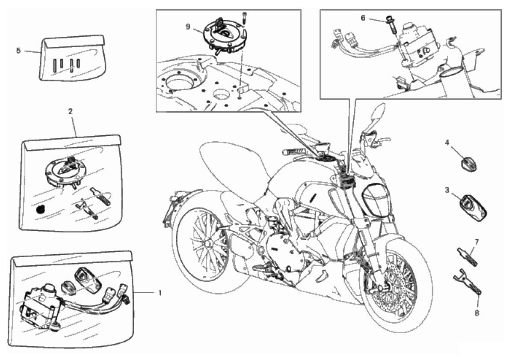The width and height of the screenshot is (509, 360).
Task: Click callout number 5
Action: click(18, 51)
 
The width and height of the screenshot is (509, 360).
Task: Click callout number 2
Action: click(70, 111)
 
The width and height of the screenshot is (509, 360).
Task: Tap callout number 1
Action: click(160, 293)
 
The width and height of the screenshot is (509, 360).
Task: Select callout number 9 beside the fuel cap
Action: click(188, 27)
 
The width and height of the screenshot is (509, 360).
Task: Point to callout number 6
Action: click(363, 18)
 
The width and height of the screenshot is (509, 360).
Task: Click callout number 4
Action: click(447, 143)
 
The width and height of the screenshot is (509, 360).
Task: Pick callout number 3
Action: click(447, 190)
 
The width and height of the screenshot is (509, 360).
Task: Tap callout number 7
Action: click(476, 242)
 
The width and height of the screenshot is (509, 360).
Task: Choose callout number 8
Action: click(476, 313)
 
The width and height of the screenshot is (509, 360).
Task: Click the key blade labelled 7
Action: click(468, 256)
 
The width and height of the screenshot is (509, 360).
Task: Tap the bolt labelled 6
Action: click(390, 24)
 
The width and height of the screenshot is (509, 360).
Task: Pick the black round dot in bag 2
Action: click(40, 210)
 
